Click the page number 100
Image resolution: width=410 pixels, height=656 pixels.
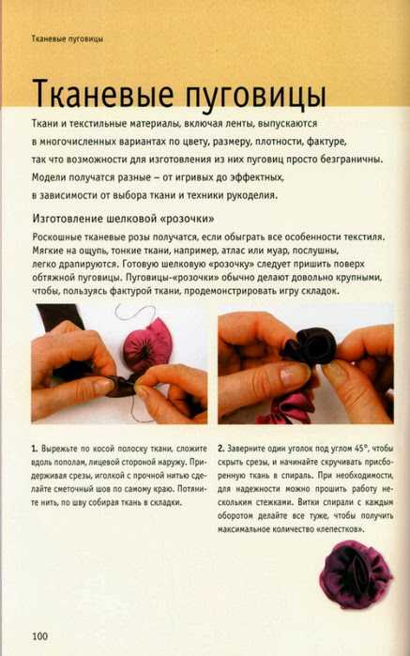click(x=40, y=636)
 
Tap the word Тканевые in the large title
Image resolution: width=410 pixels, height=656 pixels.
click(x=103, y=94)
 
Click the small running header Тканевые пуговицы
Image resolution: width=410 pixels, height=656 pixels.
click(x=68, y=38)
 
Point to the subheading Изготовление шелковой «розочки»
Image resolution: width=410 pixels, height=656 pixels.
click(x=124, y=219)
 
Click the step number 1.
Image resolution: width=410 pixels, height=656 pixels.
click(x=35, y=449)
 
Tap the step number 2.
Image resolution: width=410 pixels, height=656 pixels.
click(x=220, y=449)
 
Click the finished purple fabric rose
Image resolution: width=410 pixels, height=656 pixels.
click(x=356, y=575)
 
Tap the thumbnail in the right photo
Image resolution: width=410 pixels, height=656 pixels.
click(x=293, y=375)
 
